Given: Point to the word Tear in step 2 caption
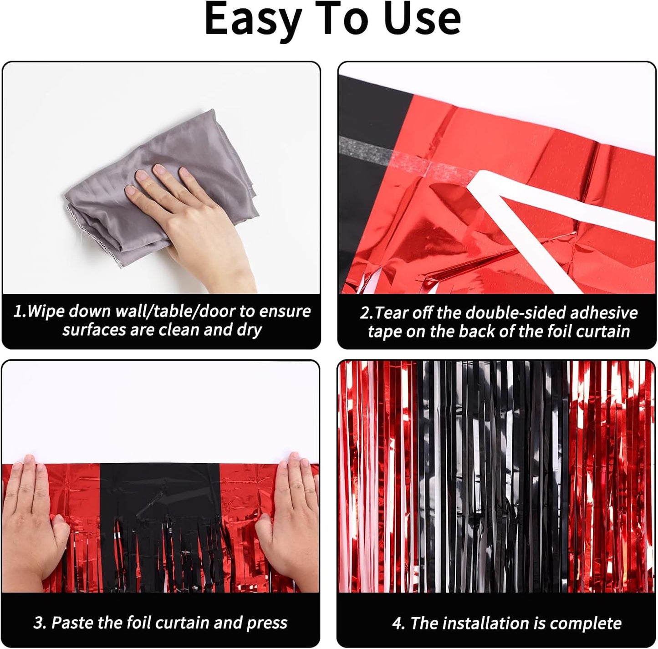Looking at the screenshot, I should point(392,313).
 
